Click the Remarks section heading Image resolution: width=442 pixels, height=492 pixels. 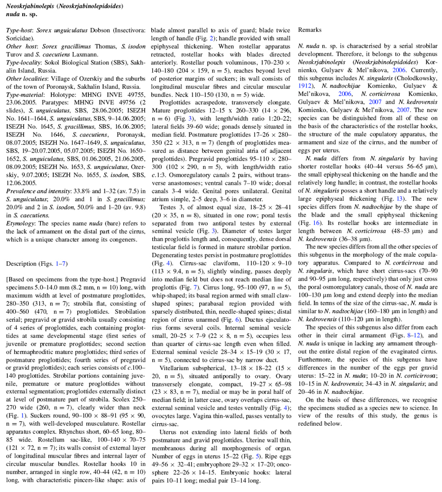[x=310, y=30]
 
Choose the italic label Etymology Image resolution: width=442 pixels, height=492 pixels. [x=20, y=223]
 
